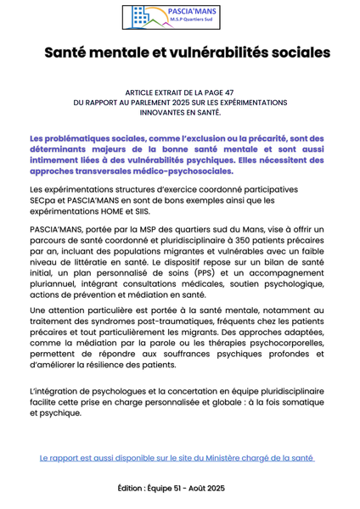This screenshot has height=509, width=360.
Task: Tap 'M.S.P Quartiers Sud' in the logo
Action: [192, 23]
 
